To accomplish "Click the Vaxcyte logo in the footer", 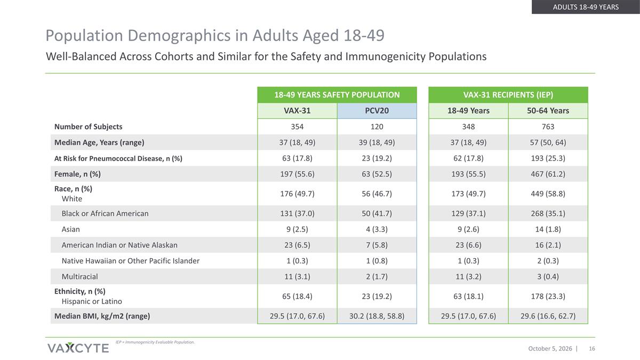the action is coord(78,348).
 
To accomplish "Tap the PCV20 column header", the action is coord(377,110).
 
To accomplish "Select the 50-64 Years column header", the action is coord(548,110).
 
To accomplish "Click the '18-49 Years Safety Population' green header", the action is coord(337,95).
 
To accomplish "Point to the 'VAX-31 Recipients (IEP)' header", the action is coord(508,95).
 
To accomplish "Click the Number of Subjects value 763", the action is coord(548,126).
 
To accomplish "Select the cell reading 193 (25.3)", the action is coord(548,158).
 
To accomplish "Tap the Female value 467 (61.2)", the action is coord(548,174).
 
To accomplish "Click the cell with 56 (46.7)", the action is coord(377,194).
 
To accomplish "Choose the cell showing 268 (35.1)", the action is coord(548,213).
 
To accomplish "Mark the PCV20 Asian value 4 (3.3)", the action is coord(377,229).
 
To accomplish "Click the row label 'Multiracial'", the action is coord(79,277).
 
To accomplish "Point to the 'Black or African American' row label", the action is coord(105,213).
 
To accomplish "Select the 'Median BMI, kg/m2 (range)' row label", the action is coord(102,316).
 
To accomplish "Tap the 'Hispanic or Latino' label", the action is coord(92,301).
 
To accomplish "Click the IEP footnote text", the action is coord(155,342).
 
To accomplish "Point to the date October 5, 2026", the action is coord(550,349).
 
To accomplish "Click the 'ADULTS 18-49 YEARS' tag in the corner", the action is coord(586,7).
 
